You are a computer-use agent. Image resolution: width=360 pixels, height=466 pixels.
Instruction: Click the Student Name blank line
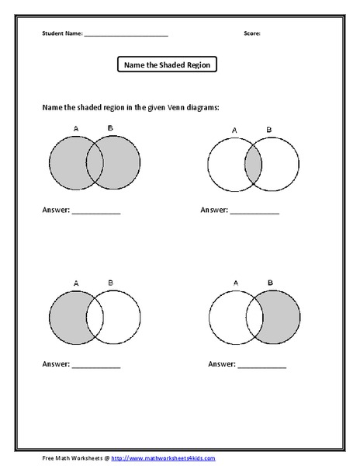coord(126,35)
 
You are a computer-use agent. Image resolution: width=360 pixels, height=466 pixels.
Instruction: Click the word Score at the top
coord(251,33)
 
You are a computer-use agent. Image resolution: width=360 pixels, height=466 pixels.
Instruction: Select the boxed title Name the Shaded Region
coord(167,65)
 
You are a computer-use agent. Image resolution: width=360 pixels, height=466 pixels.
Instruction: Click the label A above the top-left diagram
coord(75,128)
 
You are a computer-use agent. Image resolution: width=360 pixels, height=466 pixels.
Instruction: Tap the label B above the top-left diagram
coord(111,128)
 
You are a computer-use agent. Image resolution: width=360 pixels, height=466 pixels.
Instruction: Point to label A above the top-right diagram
coord(234,130)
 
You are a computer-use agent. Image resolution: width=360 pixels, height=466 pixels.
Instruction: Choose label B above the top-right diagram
coord(269,130)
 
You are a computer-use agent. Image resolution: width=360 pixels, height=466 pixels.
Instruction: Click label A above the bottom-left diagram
coord(76,283)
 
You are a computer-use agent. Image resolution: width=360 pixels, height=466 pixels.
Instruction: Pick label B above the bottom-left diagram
coord(111,283)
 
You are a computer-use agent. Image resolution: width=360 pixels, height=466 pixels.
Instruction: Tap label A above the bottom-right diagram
coord(234,283)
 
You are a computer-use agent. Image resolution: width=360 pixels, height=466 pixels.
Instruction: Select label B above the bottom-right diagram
coord(269,283)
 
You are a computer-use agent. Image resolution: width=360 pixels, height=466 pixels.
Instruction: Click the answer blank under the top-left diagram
coord(96,211)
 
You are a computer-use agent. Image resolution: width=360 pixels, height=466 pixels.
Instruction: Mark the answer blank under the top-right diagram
coord(254,211)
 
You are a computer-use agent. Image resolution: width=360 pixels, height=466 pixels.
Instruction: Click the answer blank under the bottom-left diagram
coord(96,364)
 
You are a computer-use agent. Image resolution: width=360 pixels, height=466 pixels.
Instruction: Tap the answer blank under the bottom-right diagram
coord(262,364)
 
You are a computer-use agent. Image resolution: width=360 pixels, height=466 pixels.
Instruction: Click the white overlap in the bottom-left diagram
coord(95,319)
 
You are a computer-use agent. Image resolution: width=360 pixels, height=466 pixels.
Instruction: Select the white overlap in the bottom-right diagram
coord(253,319)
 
